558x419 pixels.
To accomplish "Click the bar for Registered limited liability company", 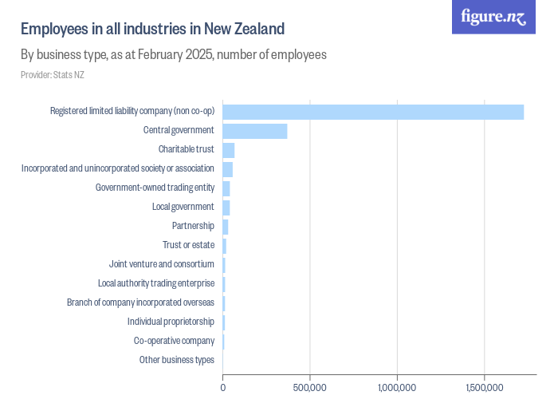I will [372, 112].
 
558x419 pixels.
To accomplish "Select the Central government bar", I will [254, 131].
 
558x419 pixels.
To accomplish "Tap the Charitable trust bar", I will [228, 150].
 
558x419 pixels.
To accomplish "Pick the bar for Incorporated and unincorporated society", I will [227, 169].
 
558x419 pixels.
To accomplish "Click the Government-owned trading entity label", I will [155, 188].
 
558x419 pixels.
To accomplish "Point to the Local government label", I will [183, 207].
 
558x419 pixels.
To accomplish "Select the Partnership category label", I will [193, 226].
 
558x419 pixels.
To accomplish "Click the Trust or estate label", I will [188, 245].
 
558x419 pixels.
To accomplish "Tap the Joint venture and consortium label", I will [161, 264].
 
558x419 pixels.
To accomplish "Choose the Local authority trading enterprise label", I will [155, 283].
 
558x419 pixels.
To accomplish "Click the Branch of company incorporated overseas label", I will [140, 302].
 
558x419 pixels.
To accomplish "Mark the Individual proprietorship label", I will [171, 322].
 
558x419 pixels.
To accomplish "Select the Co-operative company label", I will [174, 341].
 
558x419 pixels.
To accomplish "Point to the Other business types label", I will [176, 360].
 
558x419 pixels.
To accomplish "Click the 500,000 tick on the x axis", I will [309, 388].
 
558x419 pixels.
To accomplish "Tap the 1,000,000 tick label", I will [396, 388].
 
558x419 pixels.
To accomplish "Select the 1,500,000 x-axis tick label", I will [484, 388].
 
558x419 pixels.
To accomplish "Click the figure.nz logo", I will [493, 17].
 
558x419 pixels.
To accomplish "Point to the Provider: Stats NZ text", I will [53, 75].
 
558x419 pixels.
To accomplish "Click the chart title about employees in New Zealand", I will [152, 30].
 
